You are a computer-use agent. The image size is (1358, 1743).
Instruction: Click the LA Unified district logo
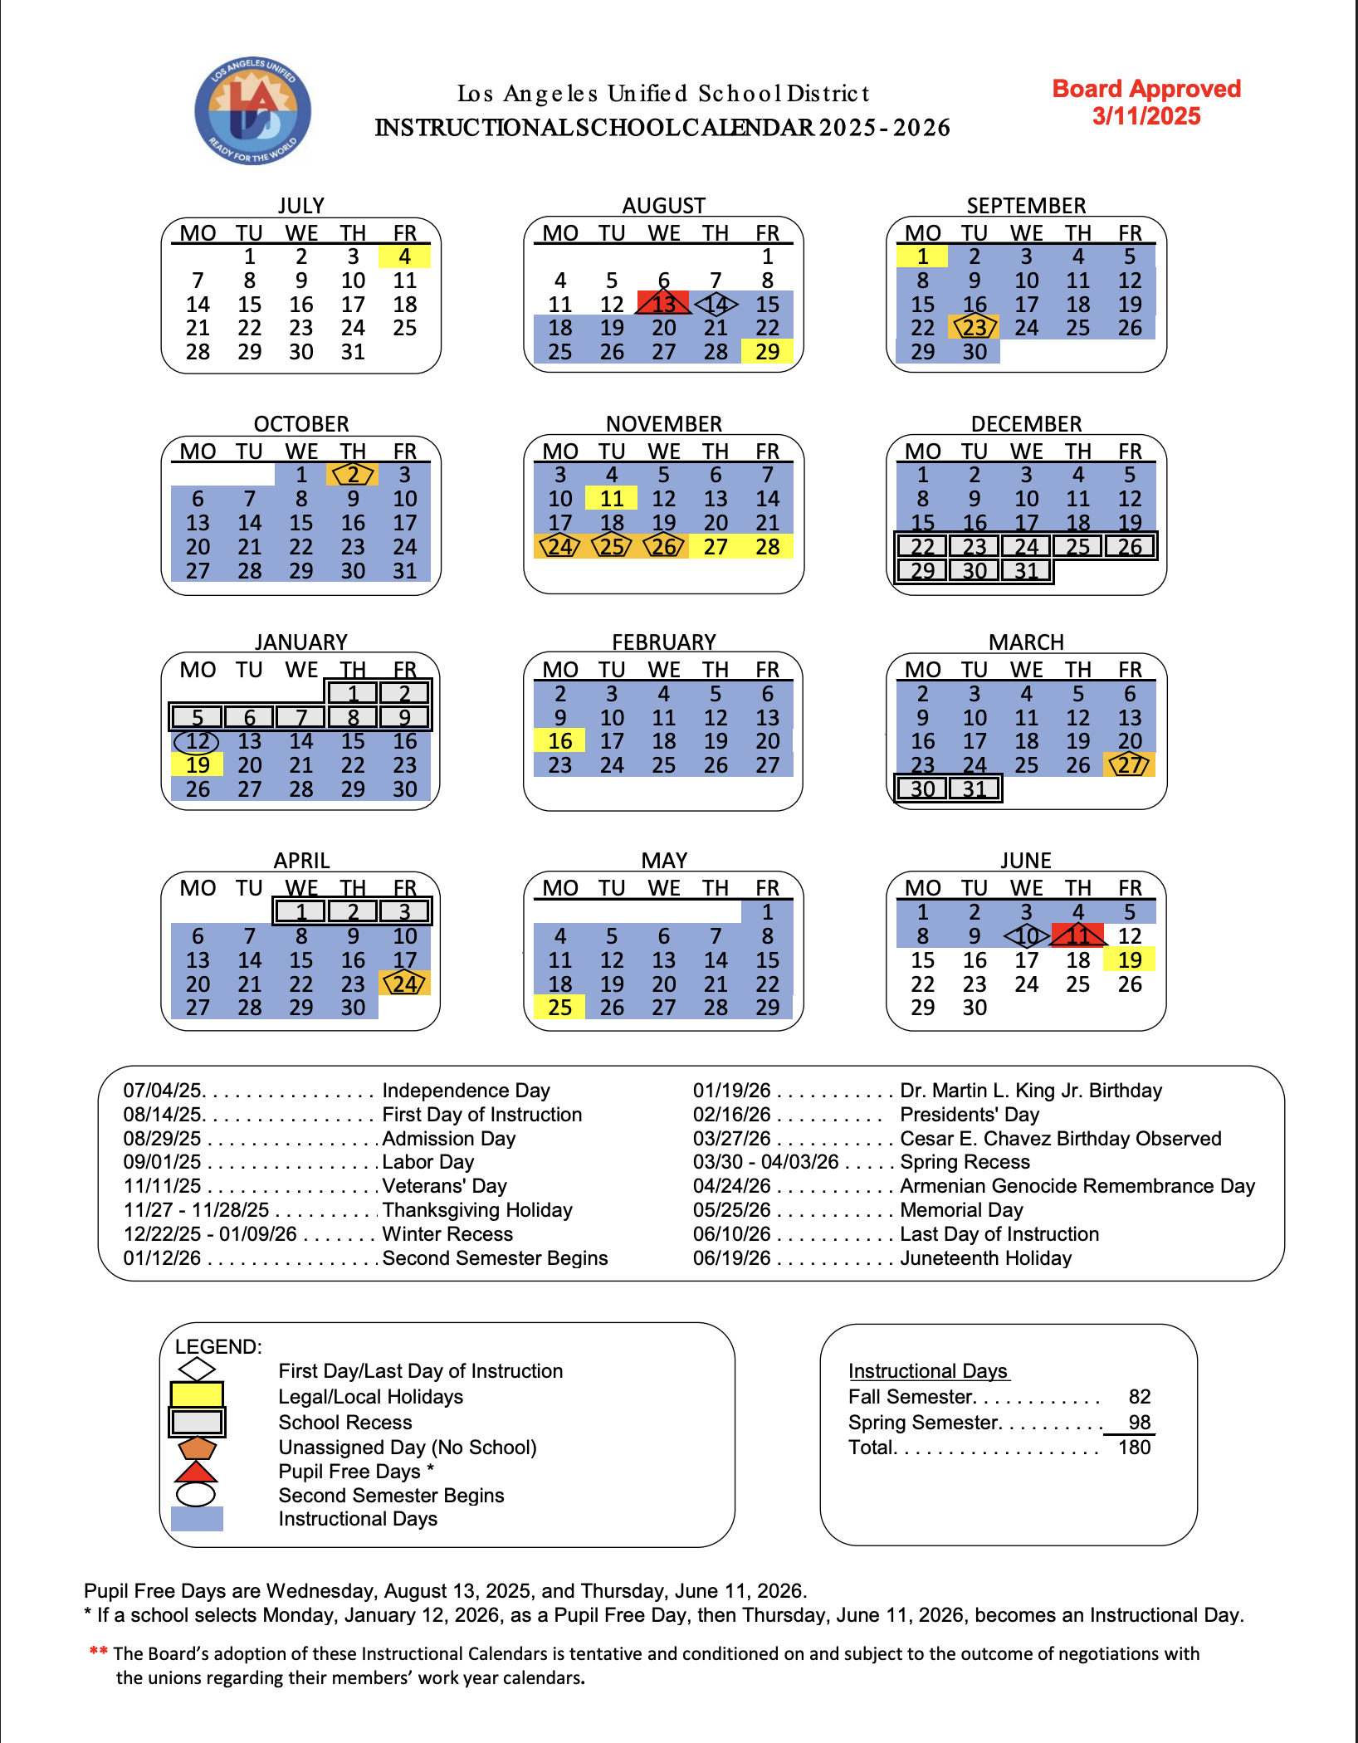click(x=253, y=111)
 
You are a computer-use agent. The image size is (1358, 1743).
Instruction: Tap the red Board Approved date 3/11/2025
click(x=1146, y=116)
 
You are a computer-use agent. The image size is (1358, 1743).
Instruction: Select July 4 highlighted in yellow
click(x=404, y=256)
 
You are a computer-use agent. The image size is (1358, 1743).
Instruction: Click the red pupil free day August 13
click(x=663, y=304)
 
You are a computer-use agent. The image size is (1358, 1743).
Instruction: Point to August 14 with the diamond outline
click(x=716, y=305)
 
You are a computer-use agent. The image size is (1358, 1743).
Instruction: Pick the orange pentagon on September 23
click(x=975, y=328)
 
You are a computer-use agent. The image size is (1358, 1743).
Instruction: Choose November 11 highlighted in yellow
click(x=612, y=499)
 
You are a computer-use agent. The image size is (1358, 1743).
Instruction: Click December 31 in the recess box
click(x=1026, y=571)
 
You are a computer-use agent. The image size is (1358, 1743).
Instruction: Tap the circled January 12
click(x=198, y=741)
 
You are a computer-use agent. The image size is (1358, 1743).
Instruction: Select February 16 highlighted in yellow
click(x=560, y=741)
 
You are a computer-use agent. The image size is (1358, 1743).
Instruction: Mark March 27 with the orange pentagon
click(x=1130, y=765)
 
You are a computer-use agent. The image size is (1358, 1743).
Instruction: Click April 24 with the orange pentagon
click(x=404, y=984)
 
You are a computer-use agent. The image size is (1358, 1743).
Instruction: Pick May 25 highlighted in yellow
click(x=560, y=1008)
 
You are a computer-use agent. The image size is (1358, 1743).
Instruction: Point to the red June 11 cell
click(x=1077, y=936)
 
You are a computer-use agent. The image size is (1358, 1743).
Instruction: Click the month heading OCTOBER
click(x=301, y=424)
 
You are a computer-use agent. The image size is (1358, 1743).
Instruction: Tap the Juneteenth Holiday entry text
click(x=985, y=1258)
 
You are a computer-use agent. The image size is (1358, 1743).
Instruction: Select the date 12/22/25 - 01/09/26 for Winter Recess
click(x=210, y=1234)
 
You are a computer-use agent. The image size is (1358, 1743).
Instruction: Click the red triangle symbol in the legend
click(x=196, y=1472)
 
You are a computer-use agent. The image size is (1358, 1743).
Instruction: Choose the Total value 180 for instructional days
click(x=1134, y=1448)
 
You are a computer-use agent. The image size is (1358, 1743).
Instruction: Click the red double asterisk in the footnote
click(x=99, y=1651)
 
